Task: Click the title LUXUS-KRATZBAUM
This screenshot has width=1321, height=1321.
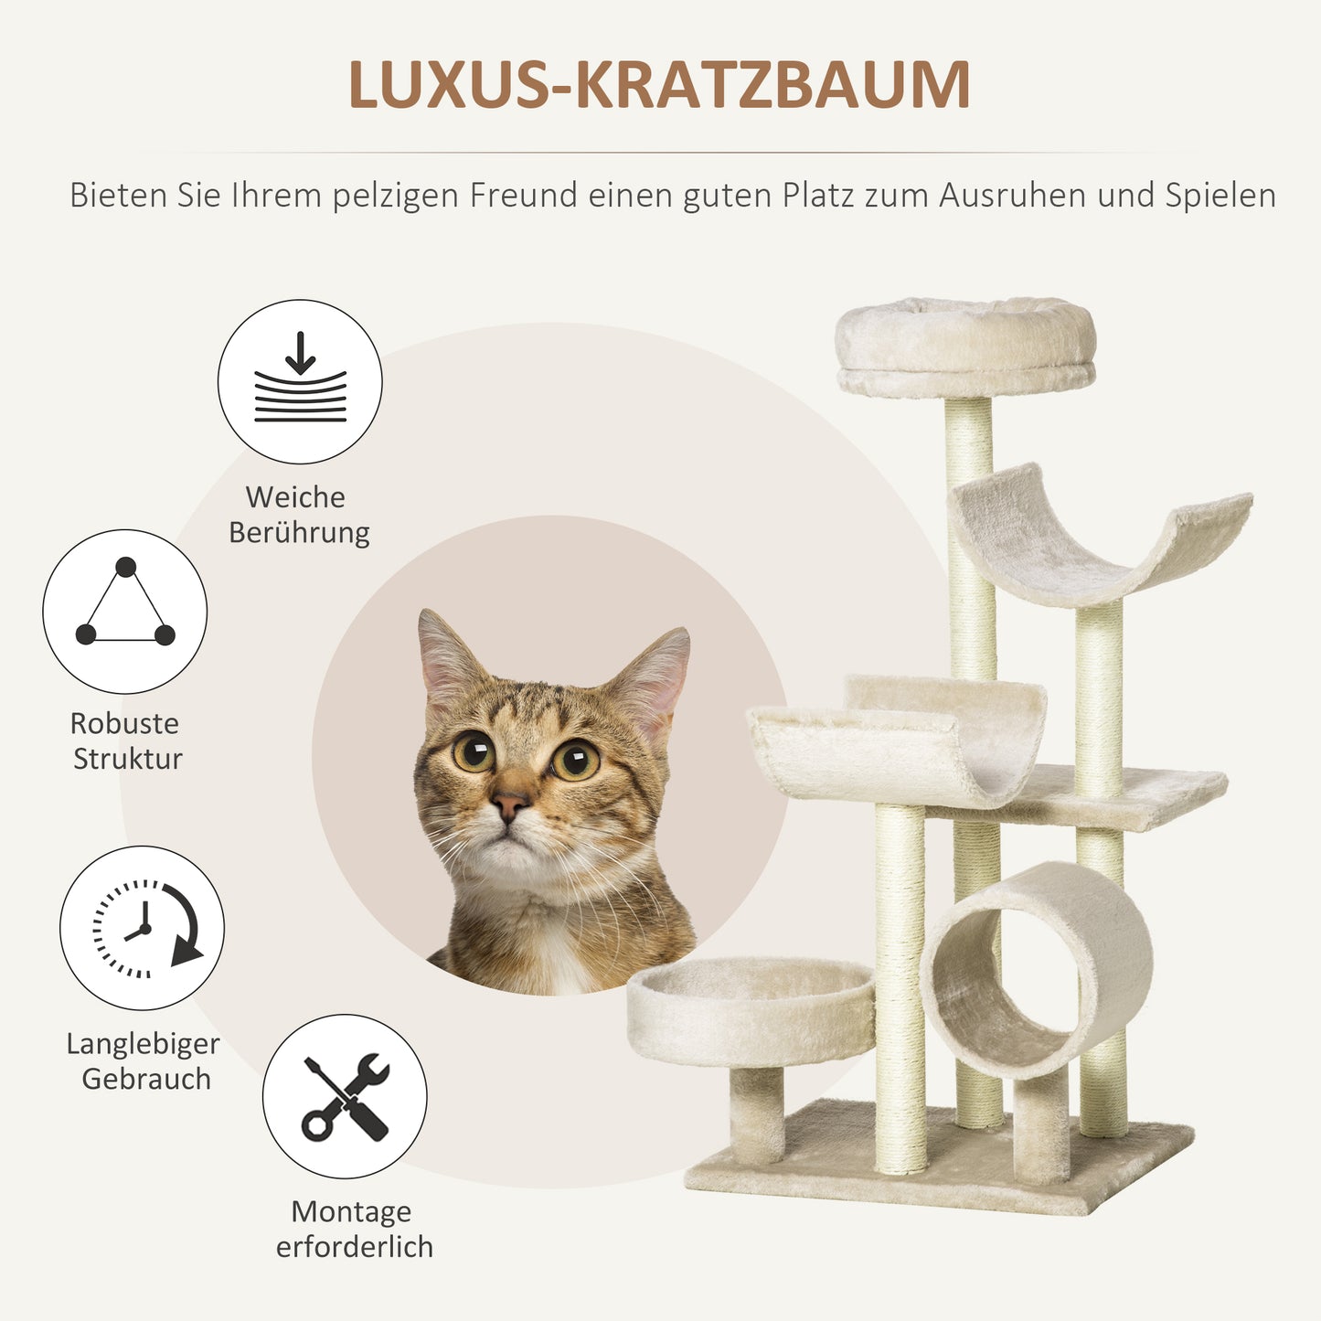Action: click(x=659, y=86)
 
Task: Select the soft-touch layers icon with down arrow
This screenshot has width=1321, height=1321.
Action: click(x=300, y=381)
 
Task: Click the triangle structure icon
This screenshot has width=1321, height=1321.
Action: click(x=125, y=611)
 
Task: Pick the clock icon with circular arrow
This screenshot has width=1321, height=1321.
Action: click(x=143, y=928)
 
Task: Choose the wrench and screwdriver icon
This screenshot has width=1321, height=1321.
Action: click(x=345, y=1096)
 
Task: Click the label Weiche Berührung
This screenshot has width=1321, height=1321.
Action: click(x=299, y=515)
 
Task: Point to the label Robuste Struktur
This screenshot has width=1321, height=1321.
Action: click(x=126, y=740)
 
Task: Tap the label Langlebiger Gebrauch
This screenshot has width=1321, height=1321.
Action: click(x=144, y=1061)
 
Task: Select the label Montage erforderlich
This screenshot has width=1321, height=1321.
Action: click(x=354, y=1229)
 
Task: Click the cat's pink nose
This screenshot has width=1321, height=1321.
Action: click(x=508, y=804)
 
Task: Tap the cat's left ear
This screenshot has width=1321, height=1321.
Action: click(x=448, y=658)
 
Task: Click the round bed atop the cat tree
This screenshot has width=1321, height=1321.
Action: click(x=965, y=346)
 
